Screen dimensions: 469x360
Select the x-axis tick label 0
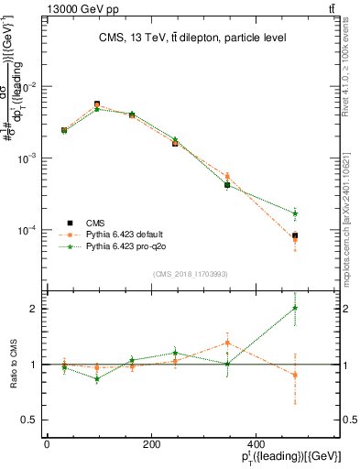47,443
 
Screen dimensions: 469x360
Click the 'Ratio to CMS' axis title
13,365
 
